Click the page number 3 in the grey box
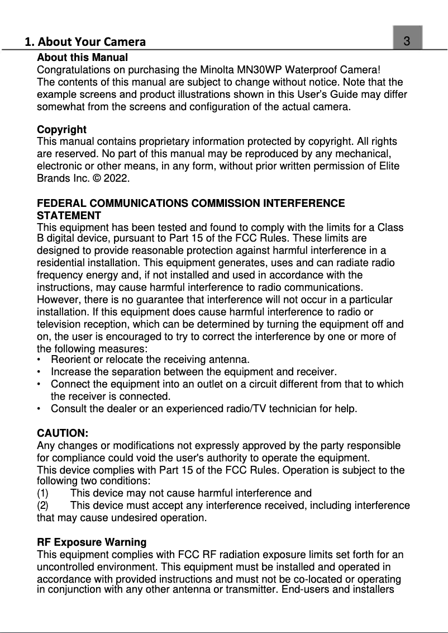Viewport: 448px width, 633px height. [x=407, y=41]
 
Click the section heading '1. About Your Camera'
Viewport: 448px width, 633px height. [x=85, y=41]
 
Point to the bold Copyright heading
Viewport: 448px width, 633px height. [x=61, y=130]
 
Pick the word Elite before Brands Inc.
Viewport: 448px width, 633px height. [x=388, y=167]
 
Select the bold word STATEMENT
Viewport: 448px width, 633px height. [x=69, y=216]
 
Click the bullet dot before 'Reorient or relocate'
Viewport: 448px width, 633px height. [x=39, y=360]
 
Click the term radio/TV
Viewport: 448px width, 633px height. [x=244, y=409]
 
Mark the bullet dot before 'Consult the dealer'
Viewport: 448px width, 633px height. [x=39, y=409]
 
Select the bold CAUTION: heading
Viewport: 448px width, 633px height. [x=63, y=433]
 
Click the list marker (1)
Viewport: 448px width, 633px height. [x=43, y=493]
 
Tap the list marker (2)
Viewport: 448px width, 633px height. [x=43, y=506]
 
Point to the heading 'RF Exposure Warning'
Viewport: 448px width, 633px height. [x=92, y=542]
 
